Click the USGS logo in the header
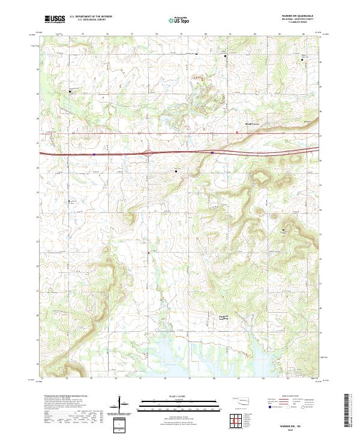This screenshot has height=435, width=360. click(x=55, y=19)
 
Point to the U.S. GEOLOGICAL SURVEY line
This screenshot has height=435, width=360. click(x=87, y=20)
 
